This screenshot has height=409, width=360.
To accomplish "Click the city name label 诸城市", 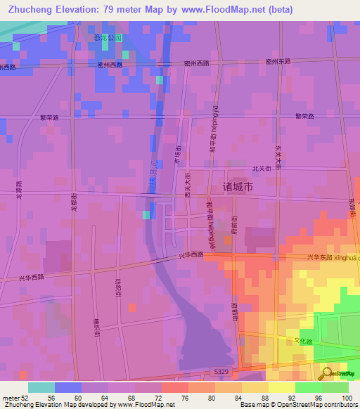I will (261, 188).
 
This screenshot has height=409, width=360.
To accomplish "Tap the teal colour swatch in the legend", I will (41, 387).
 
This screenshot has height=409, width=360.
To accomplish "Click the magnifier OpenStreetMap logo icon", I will (326, 372).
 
